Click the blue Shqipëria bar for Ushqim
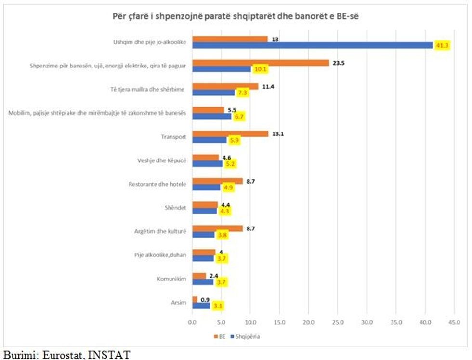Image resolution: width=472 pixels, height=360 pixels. pyautogui.click(x=313, y=45)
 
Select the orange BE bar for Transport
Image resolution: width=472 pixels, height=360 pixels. pyautogui.click(x=230, y=134)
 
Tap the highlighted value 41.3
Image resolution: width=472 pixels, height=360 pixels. pyautogui.click(x=442, y=45)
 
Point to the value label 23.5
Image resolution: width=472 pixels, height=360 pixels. pyautogui.click(x=339, y=63)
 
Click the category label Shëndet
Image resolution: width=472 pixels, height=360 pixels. pyautogui.click(x=176, y=208)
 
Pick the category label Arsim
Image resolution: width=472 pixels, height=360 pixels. pyautogui.click(x=180, y=303)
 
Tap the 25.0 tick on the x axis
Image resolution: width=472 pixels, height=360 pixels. pyautogui.click(x=338, y=320)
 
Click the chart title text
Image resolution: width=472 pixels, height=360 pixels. pyautogui.click(x=236, y=16)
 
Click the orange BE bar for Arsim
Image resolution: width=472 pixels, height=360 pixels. pyautogui.click(x=195, y=300)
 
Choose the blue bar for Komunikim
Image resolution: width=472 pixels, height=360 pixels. pyautogui.click(x=203, y=282)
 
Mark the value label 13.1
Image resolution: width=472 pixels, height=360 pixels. pyautogui.click(x=277, y=134)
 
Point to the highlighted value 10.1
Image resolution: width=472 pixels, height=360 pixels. pyautogui.click(x=261, y=69)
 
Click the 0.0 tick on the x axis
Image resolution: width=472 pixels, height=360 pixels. pyautogui.click(x=192, y=320)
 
